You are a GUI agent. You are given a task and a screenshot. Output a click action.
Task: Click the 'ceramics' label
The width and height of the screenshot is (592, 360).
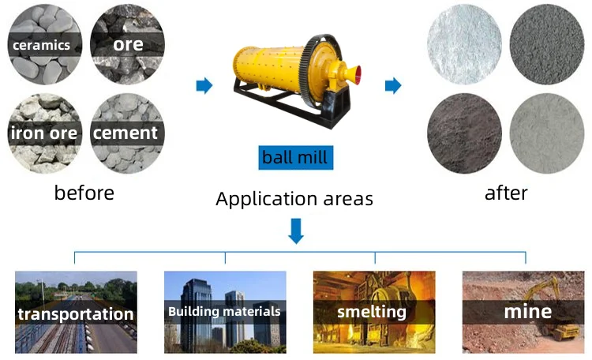pos(40,45)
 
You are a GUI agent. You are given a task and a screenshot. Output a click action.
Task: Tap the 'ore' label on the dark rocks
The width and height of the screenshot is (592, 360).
pos(127,44)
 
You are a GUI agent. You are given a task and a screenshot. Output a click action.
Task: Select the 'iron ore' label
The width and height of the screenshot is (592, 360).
pos(44,133)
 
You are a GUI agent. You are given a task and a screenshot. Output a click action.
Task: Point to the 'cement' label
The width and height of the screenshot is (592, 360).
pos(126,133)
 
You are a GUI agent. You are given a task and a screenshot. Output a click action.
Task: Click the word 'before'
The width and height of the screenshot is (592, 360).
pos(84,193)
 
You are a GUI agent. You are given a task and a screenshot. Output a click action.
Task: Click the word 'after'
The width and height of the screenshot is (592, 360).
pos(507,193)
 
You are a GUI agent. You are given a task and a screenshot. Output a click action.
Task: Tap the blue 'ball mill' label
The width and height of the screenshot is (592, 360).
pos(294,157)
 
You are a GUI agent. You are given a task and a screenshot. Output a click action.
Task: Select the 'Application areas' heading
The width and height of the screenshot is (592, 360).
pos(294,198)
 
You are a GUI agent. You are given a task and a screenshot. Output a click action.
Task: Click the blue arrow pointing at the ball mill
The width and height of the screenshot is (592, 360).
pos(204,85)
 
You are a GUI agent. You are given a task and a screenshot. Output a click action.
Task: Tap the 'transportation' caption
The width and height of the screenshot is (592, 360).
pos(76,314)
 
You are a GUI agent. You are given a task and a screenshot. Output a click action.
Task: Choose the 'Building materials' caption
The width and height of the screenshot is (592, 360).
pos(224,311)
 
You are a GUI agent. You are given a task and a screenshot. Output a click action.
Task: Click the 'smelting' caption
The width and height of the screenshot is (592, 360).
pos(371,311)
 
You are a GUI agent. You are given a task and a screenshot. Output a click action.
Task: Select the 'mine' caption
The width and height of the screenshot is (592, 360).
pos(528,312)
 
